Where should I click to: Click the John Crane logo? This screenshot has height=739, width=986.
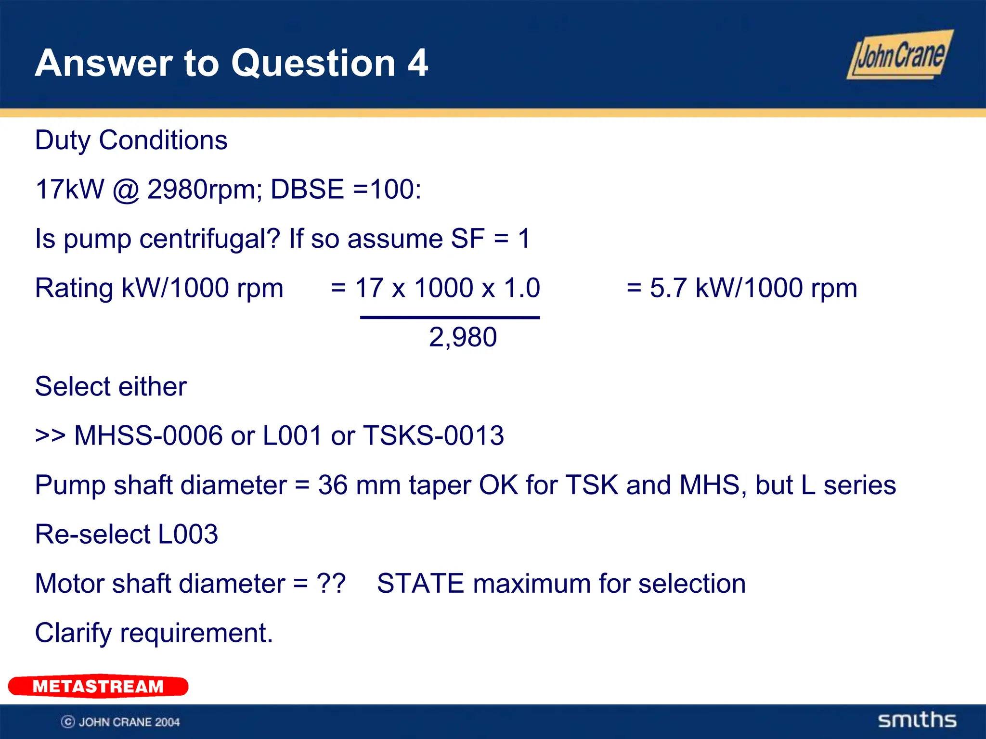point(899,55)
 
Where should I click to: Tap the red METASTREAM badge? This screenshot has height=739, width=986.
point(98,686)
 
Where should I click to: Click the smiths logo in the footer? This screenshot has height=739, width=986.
point(917,720)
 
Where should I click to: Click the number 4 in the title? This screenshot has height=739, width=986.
point(417,63)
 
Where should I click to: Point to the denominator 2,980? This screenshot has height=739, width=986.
point(463,337)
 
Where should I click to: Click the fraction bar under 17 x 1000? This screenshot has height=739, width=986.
point(450,318)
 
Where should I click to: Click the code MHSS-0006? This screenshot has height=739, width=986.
point(148,436)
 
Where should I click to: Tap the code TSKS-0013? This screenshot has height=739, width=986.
point(433,436)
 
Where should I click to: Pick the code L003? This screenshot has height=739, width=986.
point(188,535)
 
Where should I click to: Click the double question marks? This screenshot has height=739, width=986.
point(331,584)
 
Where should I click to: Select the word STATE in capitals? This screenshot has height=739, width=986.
point(421,584)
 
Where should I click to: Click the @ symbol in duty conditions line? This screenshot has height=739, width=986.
point(126,190)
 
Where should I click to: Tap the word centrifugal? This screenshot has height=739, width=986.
point(209,239)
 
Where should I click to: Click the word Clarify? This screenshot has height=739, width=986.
point(73,633)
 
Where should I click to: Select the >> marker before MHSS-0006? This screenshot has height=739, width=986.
point(50,436)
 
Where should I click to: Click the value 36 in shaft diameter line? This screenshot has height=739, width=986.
point(333,485)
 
